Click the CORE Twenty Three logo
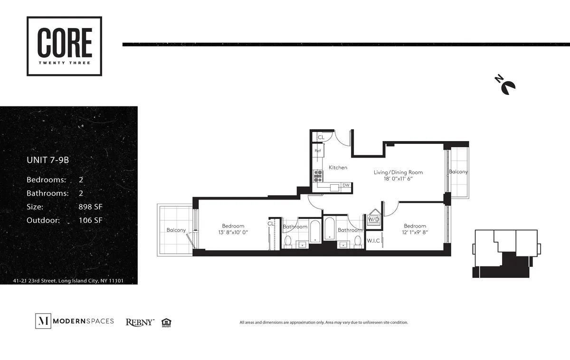[x=64, y=46]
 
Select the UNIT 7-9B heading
[x=48, y=161]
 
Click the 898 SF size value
[x=90, y=207]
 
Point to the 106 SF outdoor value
[x=90, y=220]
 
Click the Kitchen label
[x=338, y=168]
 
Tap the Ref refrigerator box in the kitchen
[x=318, y=151]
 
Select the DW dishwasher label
[x=346, y=185]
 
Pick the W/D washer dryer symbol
[x=373, y=219]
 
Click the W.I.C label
[x=372, y=241]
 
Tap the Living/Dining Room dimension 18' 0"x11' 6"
[x=398, y=179]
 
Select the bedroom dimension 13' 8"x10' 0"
[x=233, y=232]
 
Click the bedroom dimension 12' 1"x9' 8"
[x=415, y=232]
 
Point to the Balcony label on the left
[x=176, y=230]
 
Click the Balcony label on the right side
[x=458, y=172]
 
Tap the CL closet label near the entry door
[x=321, y=137]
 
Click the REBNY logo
[x=140, y=322]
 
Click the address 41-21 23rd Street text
[x=68, y=281]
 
